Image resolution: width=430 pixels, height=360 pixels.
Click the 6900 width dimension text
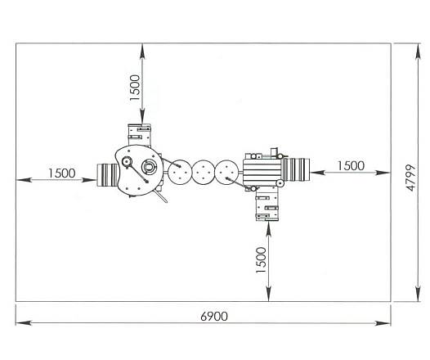tap(214, 317)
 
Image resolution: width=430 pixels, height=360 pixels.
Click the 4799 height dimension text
tap(411, 178)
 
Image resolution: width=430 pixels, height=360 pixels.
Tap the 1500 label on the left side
tap(61, 173)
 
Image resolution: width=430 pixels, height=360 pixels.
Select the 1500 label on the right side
tap(351, 166)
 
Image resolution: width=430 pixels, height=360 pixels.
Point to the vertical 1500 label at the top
tap(135, 88)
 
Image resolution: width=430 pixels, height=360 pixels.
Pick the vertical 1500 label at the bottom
tap(261, 260)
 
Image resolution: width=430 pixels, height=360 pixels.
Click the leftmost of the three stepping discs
tap(179, 172)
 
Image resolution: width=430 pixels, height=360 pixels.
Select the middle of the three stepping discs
tap(203, 173)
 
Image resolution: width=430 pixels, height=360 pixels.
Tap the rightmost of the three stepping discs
tap(226, 173)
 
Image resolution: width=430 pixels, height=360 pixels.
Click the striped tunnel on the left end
tap(108, 175)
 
